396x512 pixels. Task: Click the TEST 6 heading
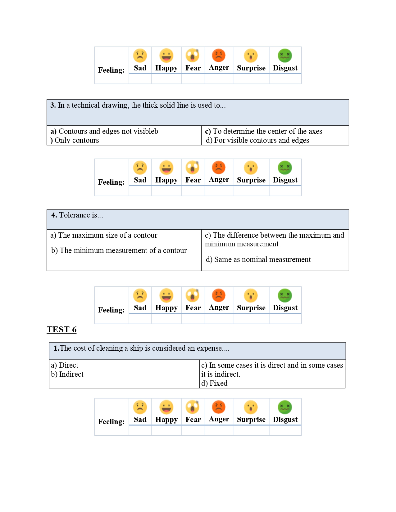[61, 330]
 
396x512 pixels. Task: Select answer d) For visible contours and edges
[257, 140]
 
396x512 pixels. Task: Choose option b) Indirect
[67, 374]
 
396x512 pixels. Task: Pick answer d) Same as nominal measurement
[258, 259]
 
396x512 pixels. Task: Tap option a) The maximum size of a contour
[104, 235]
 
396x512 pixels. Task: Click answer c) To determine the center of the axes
[263, 131]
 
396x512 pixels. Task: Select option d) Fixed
[214, 383]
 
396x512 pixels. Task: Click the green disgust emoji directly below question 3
[285, 168]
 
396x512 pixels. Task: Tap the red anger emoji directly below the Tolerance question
[219, 295]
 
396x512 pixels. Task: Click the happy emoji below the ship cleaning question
[166, 407]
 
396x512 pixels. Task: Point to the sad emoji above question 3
[140, 56]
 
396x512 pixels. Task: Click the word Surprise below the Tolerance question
[251, 308]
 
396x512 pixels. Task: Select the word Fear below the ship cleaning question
[193, 420]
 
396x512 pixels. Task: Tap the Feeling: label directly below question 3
[111, 182]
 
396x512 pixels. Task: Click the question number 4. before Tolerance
[54, 215]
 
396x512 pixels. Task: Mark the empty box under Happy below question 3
[166, 191]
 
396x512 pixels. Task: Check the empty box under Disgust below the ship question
[285, 430]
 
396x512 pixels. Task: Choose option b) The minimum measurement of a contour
[119, 250]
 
